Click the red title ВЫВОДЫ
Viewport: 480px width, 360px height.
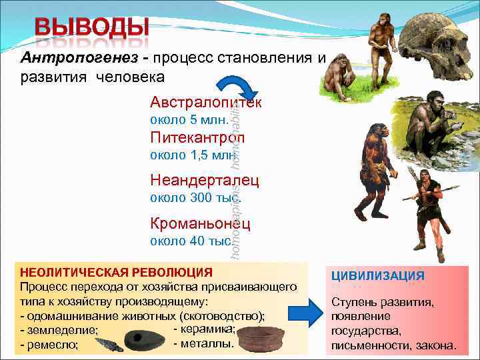(92, 27)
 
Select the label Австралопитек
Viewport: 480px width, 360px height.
(205, 103)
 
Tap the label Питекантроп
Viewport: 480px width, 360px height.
(197, 138)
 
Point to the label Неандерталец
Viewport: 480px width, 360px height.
(205, 180)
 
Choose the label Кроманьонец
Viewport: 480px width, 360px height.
(200, 223)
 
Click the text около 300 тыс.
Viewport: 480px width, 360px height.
(195, 197)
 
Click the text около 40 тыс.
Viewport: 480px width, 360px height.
(191, 241)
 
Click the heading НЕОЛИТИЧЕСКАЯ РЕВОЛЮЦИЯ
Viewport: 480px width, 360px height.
(117, 272)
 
